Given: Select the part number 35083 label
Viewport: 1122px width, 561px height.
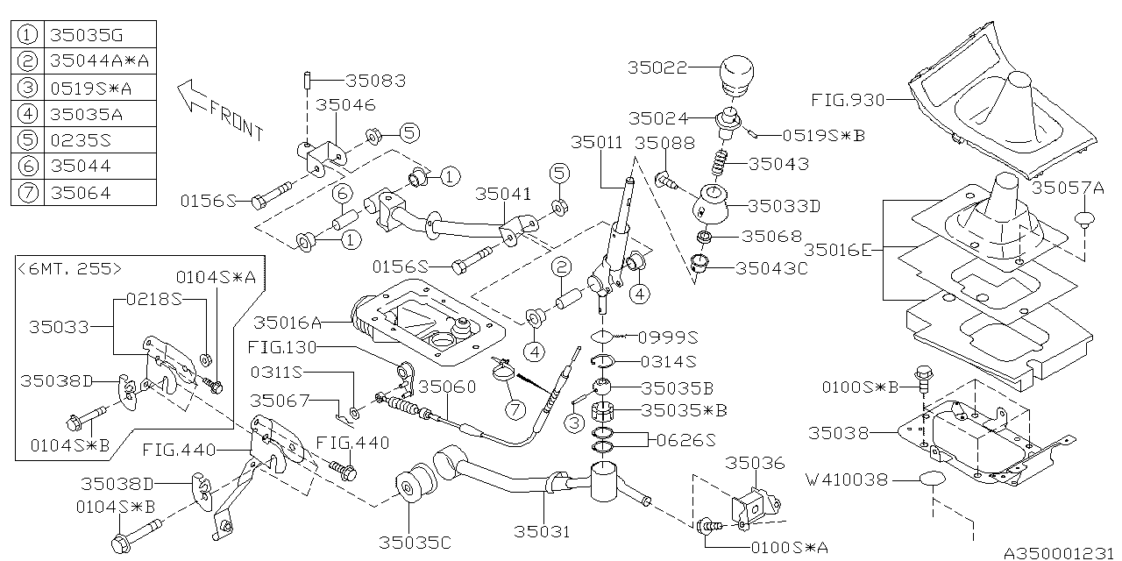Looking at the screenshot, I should [375, 81].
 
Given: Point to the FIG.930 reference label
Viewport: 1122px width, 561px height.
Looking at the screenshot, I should [849, 100].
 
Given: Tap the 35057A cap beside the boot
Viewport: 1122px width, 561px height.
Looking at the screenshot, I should [1085, 218].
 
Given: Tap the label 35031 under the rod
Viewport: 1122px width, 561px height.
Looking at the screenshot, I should [542, 531].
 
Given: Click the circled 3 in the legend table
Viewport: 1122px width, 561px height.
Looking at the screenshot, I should [28, 87].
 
